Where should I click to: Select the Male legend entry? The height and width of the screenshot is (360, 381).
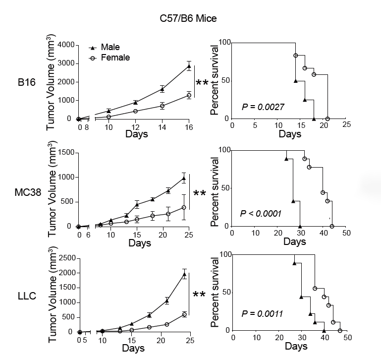click(x=110, y=47)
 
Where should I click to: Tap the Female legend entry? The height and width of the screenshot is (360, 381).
click(x=114, y=58)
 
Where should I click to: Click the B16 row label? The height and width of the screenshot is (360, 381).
click(x=25, y=82)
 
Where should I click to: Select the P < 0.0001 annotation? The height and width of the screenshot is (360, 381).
click(x=261, y=214)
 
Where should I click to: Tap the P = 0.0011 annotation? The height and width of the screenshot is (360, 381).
click(x=262, y=313)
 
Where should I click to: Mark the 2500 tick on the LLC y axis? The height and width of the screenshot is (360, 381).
click(x=66, y=258)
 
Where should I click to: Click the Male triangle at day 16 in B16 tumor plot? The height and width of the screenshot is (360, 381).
click(x=189, y=66)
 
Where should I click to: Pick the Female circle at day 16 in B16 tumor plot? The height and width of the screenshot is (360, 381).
click(x=189, y=95)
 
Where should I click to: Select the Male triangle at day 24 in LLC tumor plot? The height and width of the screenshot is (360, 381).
click(x=184, y=274)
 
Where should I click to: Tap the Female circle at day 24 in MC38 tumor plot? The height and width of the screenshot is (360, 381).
click(x=184, y=207)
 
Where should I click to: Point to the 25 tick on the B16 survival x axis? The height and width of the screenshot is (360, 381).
click(x=346, y=125)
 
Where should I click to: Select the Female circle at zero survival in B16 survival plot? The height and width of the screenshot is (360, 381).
click(x=327, y=119)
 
